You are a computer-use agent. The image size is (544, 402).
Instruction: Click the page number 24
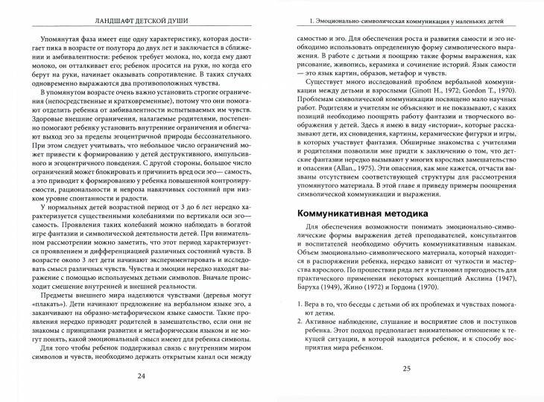click(x=142, y=375)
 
